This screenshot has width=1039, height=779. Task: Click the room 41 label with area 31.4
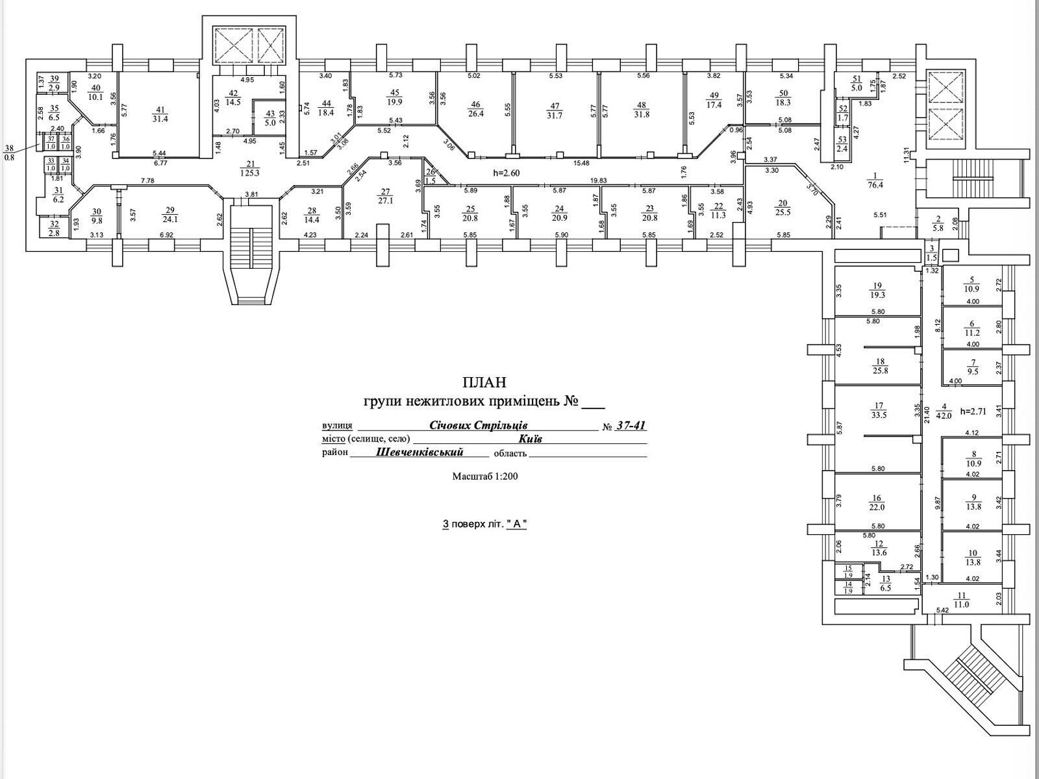coord(158,113)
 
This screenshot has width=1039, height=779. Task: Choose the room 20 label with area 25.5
coord(782,207)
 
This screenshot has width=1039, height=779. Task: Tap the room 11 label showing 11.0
coord(961,600)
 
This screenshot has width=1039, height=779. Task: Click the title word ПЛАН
coord(484,382)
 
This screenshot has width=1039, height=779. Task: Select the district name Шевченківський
coord(419,452)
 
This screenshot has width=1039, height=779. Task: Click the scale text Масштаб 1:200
coord(484,476)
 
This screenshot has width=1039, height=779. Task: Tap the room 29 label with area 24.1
coord(171,214)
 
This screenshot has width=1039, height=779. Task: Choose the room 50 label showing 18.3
coord(783,98)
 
